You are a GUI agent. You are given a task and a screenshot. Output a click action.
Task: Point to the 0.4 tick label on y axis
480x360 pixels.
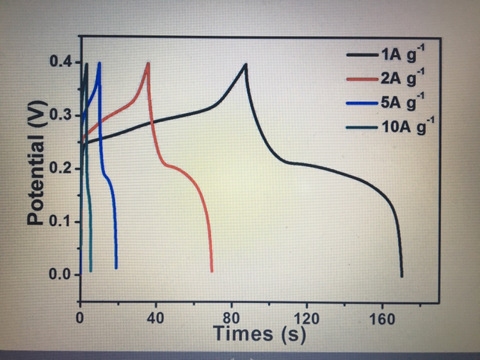[60, 63]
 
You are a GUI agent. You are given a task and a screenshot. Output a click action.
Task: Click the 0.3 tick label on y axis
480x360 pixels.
[60, 117]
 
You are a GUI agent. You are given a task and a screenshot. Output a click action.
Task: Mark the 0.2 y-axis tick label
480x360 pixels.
[60, 169]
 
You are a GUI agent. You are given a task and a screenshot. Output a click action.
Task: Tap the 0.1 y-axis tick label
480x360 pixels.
[60, 222]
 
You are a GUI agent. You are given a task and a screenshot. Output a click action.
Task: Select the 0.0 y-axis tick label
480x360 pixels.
[60, 275]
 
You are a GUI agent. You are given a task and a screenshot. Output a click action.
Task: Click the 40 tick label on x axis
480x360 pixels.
[156, 318]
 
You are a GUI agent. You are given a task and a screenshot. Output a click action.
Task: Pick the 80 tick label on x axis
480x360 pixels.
[232, 318]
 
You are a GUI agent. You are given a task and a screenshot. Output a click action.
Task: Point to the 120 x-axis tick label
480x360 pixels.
[307, 318]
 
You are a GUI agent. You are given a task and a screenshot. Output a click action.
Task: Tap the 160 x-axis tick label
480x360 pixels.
[382, 318]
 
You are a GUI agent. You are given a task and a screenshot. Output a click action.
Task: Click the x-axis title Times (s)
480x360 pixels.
[259, 333]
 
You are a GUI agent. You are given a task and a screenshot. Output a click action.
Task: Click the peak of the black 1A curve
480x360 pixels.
[245, 64]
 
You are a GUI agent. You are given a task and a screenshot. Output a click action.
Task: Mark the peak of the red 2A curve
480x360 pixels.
[148, 63]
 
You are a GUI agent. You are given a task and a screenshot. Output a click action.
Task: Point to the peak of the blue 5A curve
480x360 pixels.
[99, 63]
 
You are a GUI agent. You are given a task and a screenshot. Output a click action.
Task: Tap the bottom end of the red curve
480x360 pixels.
[211, 271]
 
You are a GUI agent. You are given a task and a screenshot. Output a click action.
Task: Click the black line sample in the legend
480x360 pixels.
[362, 56]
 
